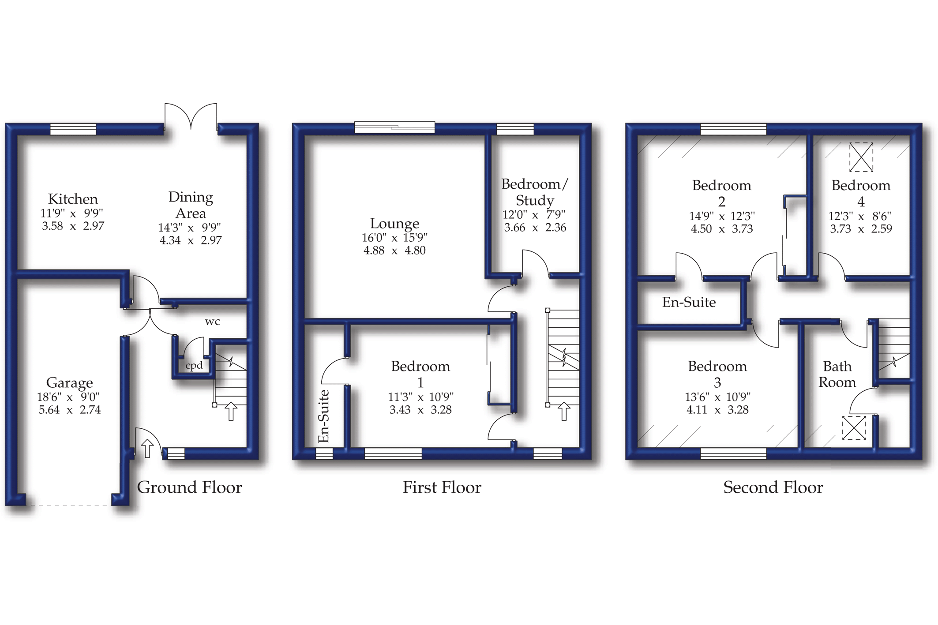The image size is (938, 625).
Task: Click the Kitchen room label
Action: click(73, 199)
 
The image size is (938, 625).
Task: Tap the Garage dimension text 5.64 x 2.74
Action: click(70, 410)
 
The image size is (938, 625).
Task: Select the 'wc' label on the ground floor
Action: click(212, 322)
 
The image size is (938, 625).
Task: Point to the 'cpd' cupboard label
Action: click(194, 365)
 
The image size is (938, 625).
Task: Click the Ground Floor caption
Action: click(189, 487)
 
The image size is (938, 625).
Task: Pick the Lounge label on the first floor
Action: click(394, 224)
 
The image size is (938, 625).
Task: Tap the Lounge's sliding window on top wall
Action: click(394, 127)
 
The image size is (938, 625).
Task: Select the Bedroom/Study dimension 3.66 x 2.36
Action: click(535, 228)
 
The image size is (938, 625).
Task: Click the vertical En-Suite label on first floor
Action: click(324, 416)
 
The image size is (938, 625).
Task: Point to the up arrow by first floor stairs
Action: click(564, 411)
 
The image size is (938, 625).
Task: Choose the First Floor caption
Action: click(442, 487)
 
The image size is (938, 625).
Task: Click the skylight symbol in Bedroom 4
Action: click(861, 157)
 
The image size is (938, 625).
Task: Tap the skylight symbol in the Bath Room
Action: click(854, 427)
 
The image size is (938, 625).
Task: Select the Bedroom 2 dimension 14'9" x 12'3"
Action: click(722, 216)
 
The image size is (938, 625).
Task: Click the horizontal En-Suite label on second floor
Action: click(689, 302)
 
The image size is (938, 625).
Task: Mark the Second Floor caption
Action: click(773, 487)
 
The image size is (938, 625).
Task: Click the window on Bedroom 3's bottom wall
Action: click(733, 453)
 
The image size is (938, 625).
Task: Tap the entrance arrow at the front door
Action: click(147, 448)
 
